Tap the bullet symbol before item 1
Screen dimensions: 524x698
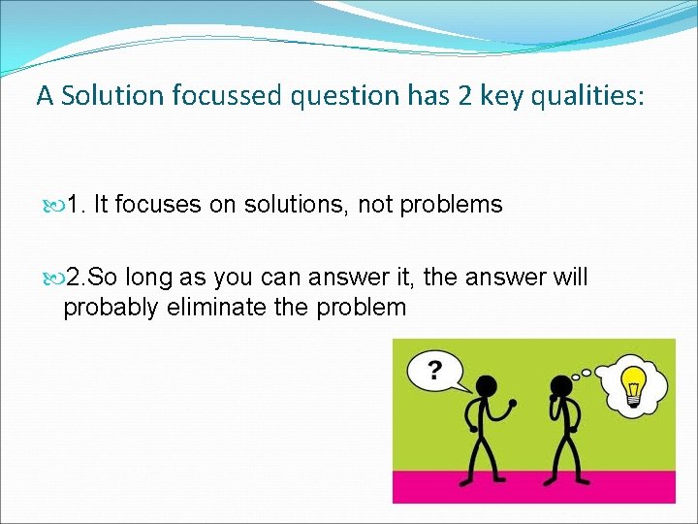pyautogui.click(x=50, y=206)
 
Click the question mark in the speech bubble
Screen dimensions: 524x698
pyautogui.click(x=434, y=369)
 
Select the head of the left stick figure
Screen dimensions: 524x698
pyautogui.click(x=486, y=385)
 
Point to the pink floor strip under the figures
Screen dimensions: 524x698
pyautogui.click(x=533, y=486)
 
